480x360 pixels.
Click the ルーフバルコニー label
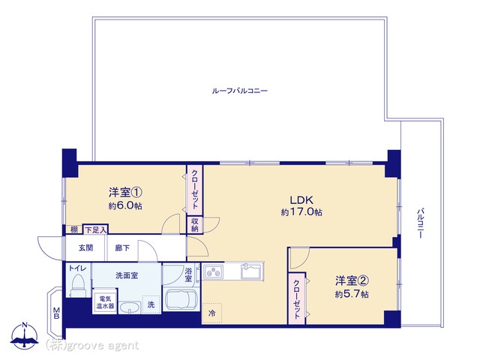point(240,91)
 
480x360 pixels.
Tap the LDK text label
point(301,200)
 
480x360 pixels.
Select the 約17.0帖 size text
point(301,212)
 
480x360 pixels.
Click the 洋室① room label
point(125,193)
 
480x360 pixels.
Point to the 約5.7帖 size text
point(352,294)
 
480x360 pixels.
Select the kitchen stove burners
point(214,271)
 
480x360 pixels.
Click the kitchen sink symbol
point(251,271)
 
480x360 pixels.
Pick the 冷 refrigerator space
point(211,313)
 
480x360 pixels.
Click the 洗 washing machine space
point(151,304)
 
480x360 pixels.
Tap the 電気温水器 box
point(105,301)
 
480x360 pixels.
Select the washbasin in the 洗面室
point(130,307)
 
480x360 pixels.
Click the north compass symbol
point(25,335)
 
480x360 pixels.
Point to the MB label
point(56,313)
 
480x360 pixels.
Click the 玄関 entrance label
point(85,248)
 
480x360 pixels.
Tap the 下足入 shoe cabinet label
point(96,229)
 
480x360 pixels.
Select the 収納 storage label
point(195,225)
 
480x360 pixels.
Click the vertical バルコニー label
point(420,223)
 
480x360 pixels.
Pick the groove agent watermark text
point(92,345)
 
